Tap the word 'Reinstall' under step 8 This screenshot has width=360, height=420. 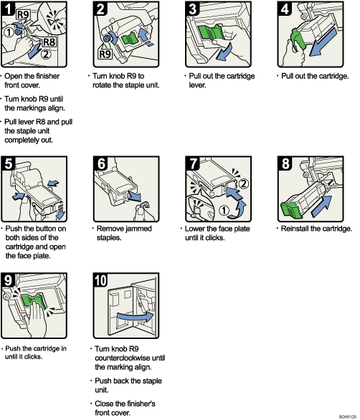tap(294, 229)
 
